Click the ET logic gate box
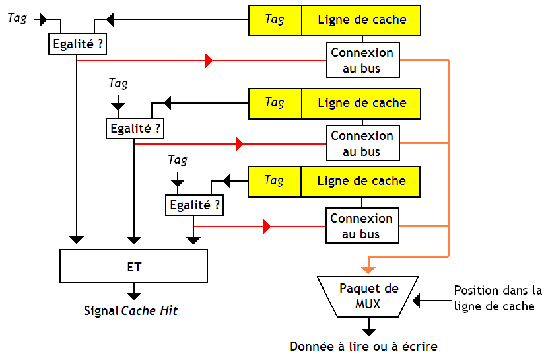[133, 266]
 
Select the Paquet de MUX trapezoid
[368, 297]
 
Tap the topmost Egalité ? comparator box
[77, 44]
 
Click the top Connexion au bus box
[362, 60]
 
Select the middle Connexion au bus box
[362, 143]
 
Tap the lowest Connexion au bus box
[362, 226]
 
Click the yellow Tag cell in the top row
[275, 20]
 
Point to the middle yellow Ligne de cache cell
[362, 103]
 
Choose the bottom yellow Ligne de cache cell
[362, 181]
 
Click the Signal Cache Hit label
[131, 310]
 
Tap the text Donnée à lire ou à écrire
[364, 346]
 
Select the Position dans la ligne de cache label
[497, 298]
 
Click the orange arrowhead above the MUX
[368, 269]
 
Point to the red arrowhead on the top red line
[209, 61]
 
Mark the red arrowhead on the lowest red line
[267, 227]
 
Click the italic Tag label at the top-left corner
[17, 18]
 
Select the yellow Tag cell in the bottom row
[275, 181]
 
